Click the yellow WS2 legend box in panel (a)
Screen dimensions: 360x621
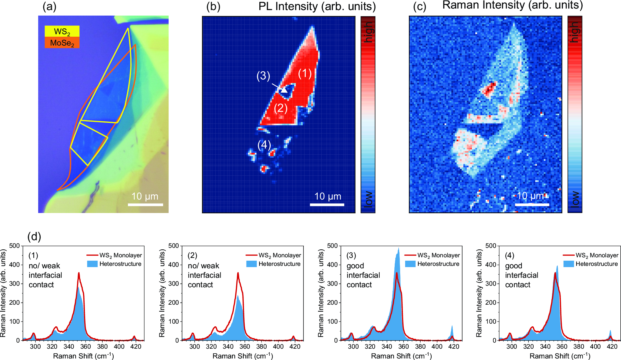point(62,31)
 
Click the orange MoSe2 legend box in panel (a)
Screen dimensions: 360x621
point(62,43)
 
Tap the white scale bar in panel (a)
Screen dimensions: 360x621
point(145,204)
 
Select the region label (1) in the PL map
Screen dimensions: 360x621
point(305,73)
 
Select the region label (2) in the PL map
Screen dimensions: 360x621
point(281,108)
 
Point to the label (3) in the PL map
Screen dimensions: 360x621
point(263,75)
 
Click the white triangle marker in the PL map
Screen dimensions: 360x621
point(284,90)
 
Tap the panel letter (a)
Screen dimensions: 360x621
point(49,6)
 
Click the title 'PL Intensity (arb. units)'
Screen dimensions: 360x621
point(317,6)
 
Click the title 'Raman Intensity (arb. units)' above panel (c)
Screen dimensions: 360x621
point(513,5)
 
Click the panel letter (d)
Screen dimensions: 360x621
point(34,236)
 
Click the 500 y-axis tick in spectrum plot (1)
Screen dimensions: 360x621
point(14,246)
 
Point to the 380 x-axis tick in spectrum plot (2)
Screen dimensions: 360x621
point(261,347)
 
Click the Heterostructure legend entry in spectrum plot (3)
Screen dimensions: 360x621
point(432,264)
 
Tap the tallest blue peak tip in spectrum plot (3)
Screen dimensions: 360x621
point(399,248)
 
